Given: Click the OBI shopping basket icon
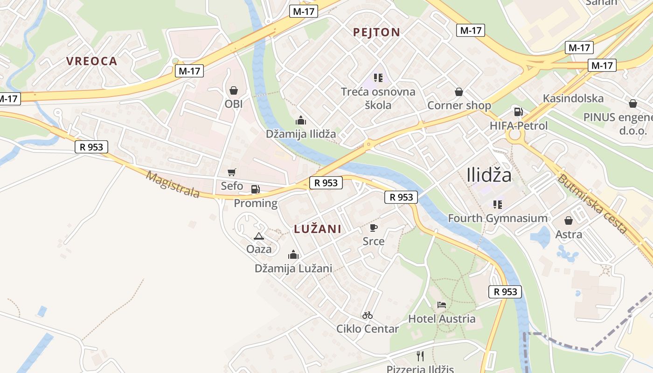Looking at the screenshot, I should click(234, 90).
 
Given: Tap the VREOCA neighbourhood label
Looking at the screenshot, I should click(91, 61).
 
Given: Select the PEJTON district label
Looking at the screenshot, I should click(376, 32).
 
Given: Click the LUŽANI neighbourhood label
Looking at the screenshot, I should click(318, 229).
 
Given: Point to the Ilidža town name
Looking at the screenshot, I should click(489, 175).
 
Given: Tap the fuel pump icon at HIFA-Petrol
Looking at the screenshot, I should click(518, 112).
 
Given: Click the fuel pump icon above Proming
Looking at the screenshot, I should click(255, 189).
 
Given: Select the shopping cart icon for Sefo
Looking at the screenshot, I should click(232, 173).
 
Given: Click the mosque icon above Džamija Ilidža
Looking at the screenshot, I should click(301, 120).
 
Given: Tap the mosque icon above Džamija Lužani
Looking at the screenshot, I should click(293, 255).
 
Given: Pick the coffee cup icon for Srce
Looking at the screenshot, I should click(373, 228).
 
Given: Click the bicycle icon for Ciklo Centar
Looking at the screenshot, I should click(368, 315).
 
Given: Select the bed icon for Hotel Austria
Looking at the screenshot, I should click(442, 305).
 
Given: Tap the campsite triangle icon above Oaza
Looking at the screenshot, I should click(259, 236).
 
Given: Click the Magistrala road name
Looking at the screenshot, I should click(173, 184).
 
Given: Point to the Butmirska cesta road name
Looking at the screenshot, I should click(592, 203).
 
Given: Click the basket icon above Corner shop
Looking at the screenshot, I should click(459, 92).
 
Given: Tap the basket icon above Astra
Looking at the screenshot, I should click(569, 221).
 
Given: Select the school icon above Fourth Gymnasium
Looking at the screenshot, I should click(498, 204).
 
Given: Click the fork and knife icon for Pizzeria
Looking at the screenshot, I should click(420, 356).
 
